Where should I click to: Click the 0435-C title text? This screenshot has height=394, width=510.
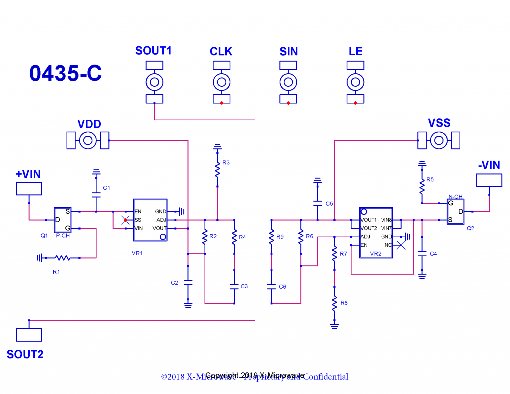click(65, 73)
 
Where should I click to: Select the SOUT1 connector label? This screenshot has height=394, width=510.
click(153, 51)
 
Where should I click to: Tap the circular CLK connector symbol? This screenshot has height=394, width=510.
click(221, 82)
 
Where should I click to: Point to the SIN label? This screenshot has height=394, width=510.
click(288, 51)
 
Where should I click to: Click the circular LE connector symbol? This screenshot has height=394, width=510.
click(355, 82)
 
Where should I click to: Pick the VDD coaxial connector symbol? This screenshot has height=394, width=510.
click(88, 141)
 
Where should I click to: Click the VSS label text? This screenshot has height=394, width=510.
click(439, 123)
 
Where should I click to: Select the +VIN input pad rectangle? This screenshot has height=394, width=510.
click(29, 188)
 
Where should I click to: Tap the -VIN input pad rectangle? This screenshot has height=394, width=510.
click(489, 180)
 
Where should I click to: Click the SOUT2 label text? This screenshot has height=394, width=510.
click(25, 355)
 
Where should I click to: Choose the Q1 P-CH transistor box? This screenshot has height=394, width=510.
click(63, 220)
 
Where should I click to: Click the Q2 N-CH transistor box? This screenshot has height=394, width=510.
click(455, 211)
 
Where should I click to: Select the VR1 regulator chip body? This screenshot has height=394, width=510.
click(150, 220)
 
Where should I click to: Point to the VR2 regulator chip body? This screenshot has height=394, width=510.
click(377, 232)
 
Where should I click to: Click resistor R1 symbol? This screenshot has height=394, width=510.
click(63, 258)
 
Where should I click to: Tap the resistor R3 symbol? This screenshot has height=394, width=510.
click(217, 170)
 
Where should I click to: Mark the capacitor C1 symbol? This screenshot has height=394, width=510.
click(96, 193)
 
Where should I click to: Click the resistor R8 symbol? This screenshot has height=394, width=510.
click(334, 303)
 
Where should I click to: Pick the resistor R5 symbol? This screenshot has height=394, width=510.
click(422, 186)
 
